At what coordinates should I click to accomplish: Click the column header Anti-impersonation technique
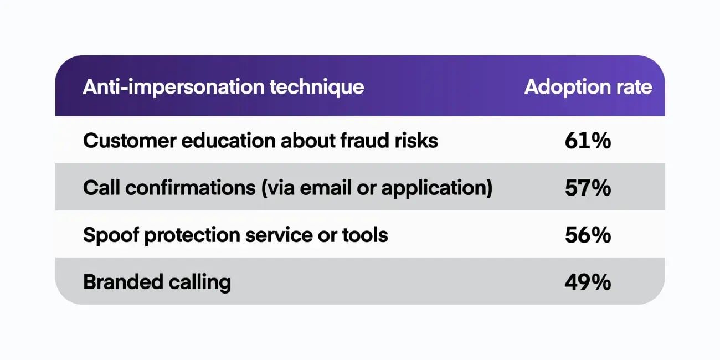223,87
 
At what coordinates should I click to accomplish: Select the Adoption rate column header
588,87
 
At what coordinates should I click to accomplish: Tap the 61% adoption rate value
588,141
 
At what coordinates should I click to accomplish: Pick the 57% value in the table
588,188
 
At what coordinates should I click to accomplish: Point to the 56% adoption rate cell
588,235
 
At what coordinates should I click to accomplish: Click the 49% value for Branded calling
588,282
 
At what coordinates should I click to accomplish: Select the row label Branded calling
157,282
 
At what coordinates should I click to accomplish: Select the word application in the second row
435,188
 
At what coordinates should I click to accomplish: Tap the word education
223,141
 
